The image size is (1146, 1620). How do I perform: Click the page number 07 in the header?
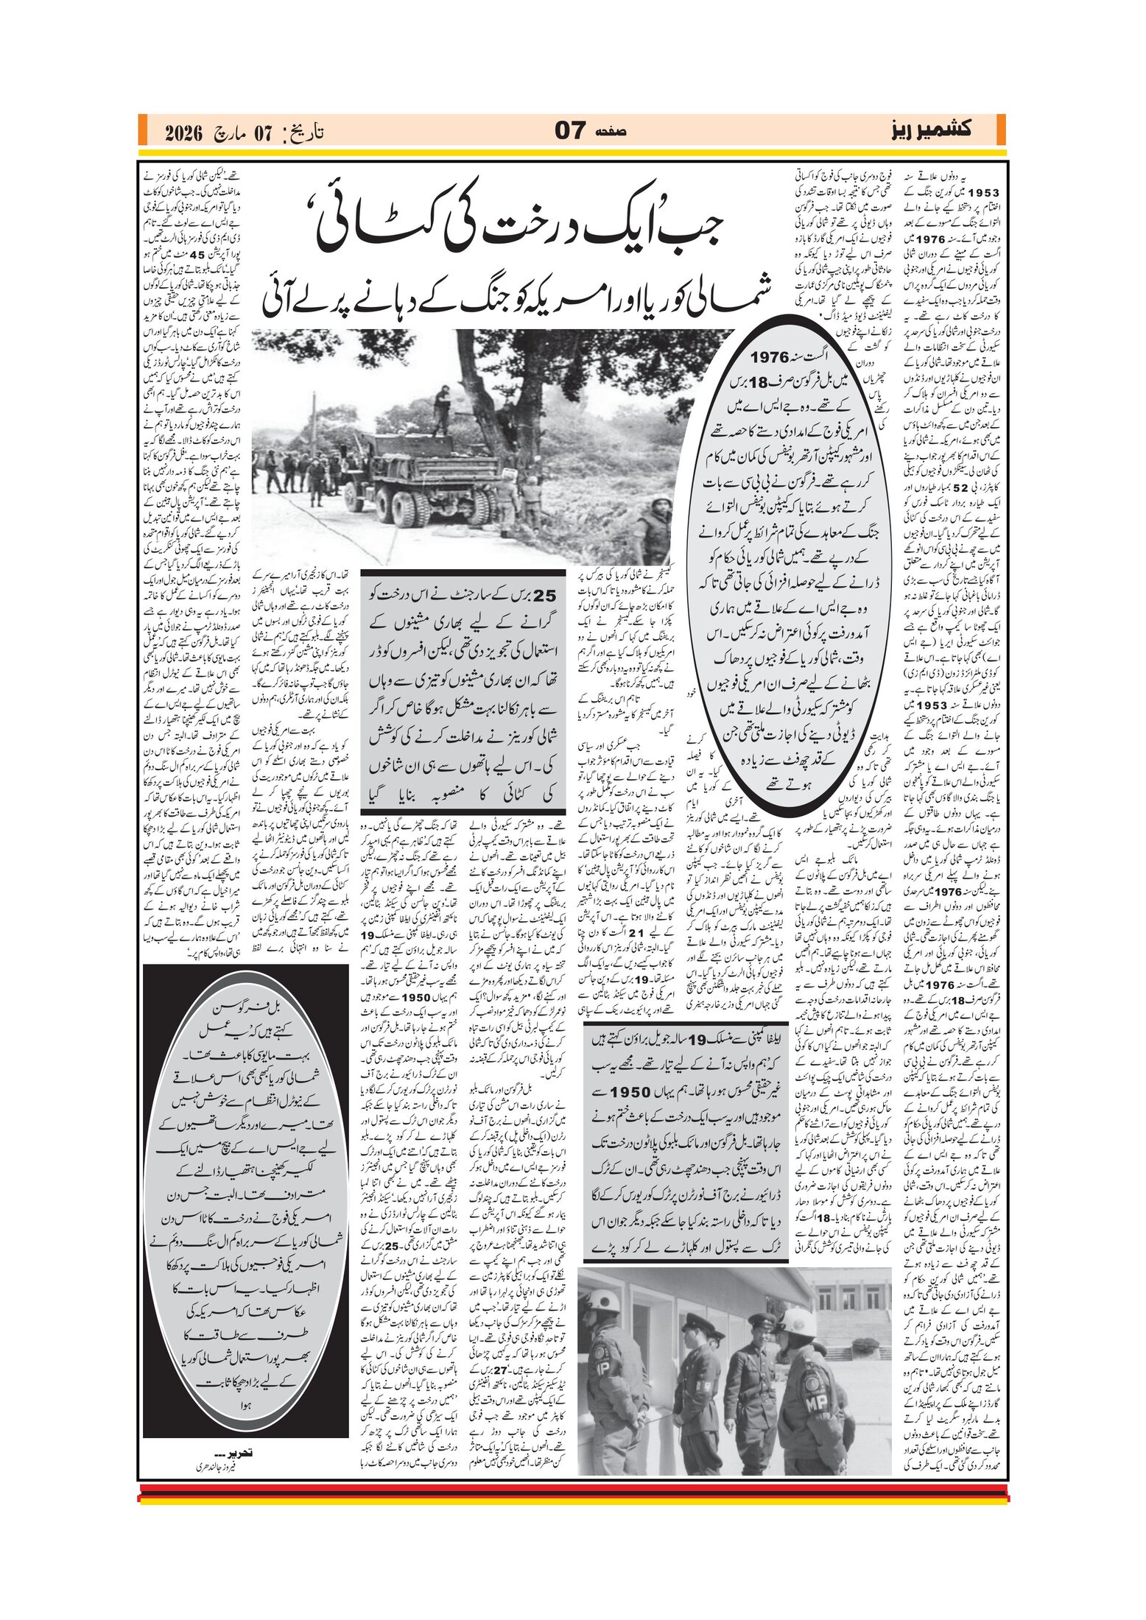[x=570, y=131]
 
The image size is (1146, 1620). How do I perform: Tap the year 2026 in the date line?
[x=183, y=133]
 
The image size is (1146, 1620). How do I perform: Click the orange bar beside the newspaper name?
[x=1001, y=130]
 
